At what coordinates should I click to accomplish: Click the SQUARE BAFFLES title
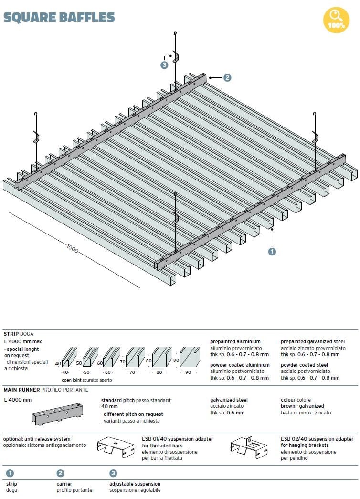pos(59,18)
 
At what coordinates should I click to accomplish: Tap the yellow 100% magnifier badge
pos(336,20)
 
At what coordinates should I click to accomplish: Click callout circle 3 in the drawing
pos(165,65)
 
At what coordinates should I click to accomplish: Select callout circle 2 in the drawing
pos(227,77)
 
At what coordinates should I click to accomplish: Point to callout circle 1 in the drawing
pos(273,251)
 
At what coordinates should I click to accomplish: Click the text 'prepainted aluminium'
pos(235,341)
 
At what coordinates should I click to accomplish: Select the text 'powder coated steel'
pos(304,365)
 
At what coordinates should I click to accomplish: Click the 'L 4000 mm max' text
pos(22,341)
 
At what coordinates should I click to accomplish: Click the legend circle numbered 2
pos(61,473)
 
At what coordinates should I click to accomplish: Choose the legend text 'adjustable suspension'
pos(135,484)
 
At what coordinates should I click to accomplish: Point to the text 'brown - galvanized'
pos(302,406)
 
